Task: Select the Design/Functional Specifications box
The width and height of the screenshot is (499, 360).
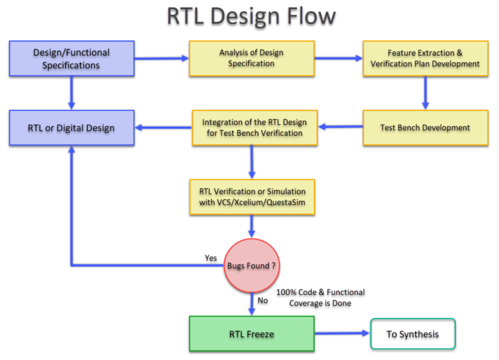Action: pos(71,58)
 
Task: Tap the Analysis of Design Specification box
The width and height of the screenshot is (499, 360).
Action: pos(251,58)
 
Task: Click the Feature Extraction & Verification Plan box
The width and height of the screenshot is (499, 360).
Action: pos(425,58)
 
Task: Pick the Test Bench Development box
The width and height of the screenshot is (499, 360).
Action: pos(425,127)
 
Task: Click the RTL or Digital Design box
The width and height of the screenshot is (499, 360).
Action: pos(71,127)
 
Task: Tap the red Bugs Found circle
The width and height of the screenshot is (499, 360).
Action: pos(251,266)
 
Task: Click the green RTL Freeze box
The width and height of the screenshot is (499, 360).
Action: pos(251,334)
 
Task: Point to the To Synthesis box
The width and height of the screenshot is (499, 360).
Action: pos(413,334)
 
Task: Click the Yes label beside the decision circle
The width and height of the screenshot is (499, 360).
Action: pos(211,258)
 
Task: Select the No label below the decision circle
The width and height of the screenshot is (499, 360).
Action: pos(262,300)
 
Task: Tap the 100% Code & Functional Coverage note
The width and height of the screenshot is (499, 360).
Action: pos(320,298)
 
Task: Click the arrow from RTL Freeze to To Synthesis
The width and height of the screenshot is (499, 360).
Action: pos(341,334)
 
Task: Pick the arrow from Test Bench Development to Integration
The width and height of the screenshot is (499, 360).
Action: pos(339,127)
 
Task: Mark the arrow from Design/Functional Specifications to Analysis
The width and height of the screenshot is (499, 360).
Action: pos(161,58)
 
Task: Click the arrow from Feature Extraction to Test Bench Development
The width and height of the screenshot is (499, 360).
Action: pos(425,92)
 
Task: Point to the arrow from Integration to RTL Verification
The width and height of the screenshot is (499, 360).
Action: pos(251,162)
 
